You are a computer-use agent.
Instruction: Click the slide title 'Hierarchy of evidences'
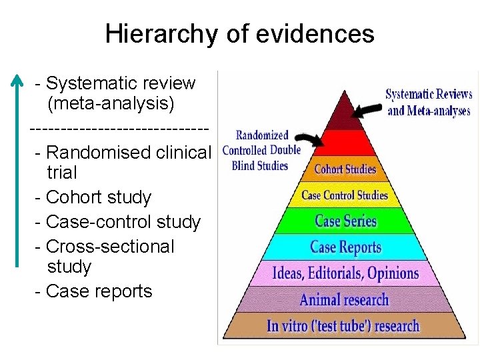(239, 33)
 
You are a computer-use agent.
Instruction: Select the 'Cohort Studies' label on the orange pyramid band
(345, 169)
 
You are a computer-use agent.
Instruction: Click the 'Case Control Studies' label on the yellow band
(345, 195)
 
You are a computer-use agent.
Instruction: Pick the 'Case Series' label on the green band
(345, 221)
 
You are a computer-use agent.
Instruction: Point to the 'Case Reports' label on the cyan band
(345, 247)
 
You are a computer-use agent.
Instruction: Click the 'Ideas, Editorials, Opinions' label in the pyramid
(345, 273)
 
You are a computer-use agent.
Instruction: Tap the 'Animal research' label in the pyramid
(344, 299)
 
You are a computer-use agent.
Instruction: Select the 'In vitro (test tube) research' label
(343, 326)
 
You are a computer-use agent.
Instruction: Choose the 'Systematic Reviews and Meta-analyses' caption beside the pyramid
(429, 103)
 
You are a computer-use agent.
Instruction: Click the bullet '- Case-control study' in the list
(117, 221)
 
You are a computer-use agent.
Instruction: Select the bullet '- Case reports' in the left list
(93, 291)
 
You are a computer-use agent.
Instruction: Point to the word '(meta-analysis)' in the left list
(111, 104)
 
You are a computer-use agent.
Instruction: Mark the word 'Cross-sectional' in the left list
(110, 246)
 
